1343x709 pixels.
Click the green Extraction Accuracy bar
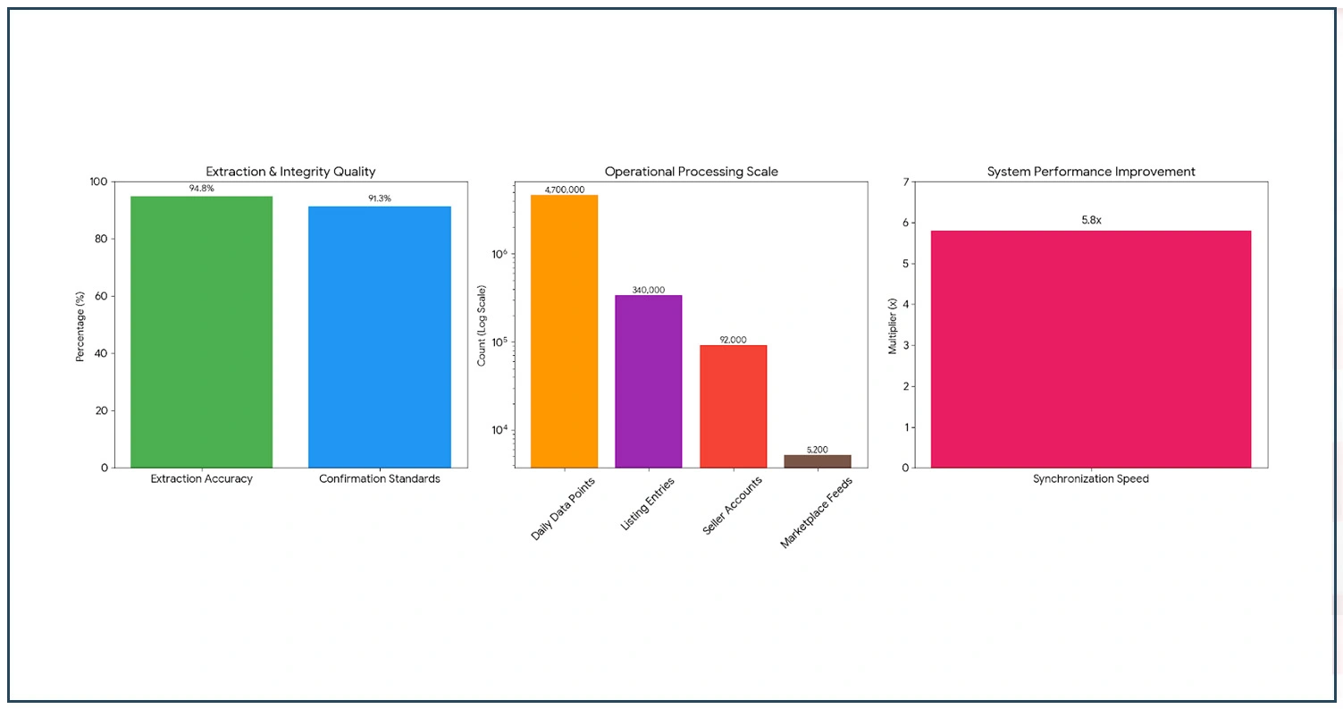(201, 331)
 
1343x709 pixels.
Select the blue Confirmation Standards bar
(379, 336)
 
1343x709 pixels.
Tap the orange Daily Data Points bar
(564, 331)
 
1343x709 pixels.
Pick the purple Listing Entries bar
(648, 381)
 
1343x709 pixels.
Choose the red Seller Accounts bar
(733, 406)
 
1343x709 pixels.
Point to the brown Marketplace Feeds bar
(817, 460)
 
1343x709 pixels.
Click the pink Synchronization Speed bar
(1090, 349)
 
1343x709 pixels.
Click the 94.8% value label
(201, 189)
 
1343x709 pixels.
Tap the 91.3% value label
(380, 198)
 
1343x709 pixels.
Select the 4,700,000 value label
(564, 189)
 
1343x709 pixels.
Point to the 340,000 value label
(649, 289)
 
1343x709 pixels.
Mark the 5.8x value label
(1090, 219)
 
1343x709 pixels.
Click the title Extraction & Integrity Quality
(290, 171)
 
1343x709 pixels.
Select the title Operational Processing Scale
(690, 171)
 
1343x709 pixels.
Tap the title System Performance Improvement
(1090, 171)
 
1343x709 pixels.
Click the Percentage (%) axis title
(80, 325)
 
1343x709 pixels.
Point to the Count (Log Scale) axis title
(483, 325)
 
